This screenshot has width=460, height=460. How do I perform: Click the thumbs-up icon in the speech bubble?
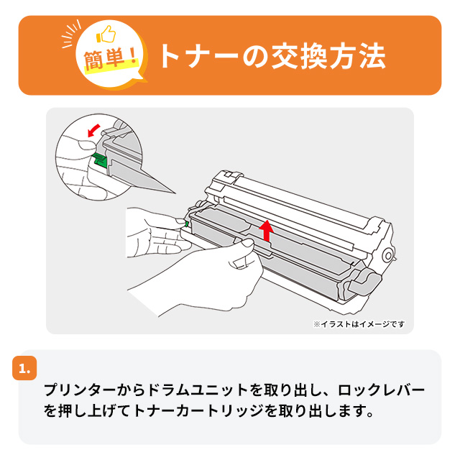[106, 34]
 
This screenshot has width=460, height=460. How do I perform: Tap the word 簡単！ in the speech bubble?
[111, 59]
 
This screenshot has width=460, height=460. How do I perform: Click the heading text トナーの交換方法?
[272, 56]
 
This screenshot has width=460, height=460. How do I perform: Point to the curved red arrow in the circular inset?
[94, 130]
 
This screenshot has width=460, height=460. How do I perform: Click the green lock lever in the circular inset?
[99, 160]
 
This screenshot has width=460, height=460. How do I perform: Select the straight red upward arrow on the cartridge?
[267, 231]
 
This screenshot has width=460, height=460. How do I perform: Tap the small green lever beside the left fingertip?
[187, 224]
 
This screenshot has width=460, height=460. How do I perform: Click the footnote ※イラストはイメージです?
[359, 324]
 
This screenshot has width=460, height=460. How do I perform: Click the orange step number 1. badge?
[24, 368]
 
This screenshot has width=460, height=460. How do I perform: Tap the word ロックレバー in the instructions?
[381, 390]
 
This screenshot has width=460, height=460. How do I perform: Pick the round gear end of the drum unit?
[388, 256]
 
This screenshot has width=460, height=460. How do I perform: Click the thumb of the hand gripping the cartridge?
[246, 243]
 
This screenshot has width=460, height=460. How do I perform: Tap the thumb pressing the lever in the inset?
[86, 144]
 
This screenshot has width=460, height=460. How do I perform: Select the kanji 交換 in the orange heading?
[299, 56]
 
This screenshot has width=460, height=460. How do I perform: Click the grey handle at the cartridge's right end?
[364, 282]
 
